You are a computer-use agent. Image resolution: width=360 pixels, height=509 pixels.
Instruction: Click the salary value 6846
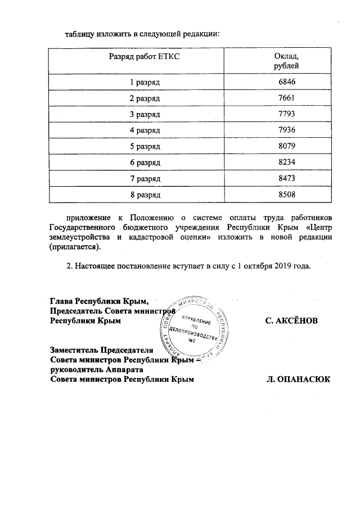[286, 82]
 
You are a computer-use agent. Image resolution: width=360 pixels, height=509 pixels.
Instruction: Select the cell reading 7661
[286, 98]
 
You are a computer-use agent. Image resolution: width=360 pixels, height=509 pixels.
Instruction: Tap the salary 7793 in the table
[286, 114]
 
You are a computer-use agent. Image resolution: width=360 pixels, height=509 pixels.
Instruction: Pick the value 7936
[286, 130]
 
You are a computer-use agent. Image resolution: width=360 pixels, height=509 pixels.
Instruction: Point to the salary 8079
[286, 146]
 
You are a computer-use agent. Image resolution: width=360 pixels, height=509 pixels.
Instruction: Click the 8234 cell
[286, 163]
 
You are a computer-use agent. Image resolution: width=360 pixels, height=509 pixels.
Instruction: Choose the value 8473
[286, 178]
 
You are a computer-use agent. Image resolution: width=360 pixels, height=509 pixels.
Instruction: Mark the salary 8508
[286, 195]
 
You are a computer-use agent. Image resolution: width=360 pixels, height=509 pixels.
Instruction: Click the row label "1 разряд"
[146, 82]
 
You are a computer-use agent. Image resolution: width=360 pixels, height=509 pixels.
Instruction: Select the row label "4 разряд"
[146, 130]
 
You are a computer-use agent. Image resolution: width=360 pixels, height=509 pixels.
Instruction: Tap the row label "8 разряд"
[146, 195]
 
